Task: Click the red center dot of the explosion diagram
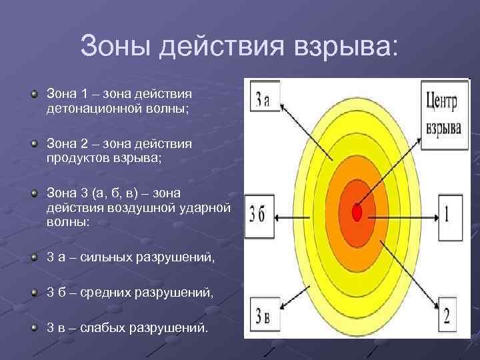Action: (x=357, y=213)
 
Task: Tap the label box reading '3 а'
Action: (x=263, y=98)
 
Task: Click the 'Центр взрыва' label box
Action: (x=442, y=112)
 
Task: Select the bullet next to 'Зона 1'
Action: (x=34, y=93)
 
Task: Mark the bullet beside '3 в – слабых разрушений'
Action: (x=34, y=327)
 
